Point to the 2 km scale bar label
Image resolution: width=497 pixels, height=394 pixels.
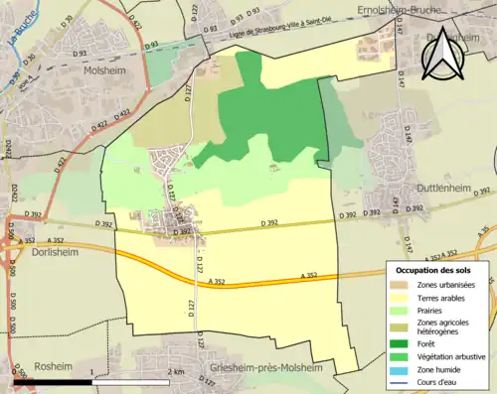click(x=176, y=371)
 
